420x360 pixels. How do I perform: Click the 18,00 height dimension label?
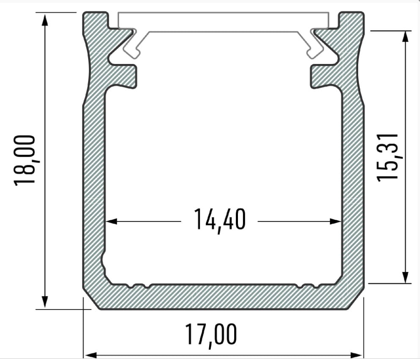pyautogui.click(x=24, y=160)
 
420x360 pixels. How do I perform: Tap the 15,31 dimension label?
pyautogui.click(x=387, y=158)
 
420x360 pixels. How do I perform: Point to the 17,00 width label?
pyautogui.click(x=211, y=335)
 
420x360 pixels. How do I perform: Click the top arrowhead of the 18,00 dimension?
pyautogui.click(x=45, y=20)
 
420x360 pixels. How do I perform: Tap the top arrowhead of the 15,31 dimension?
pyautogui.click(x=406, y=37)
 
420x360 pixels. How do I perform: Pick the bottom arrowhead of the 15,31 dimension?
pyautogui.click(x=406, y=277)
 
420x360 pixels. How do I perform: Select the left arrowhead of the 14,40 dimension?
pyautogui.click(x=111, y=221)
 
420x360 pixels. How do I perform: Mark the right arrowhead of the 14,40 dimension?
pyautogui.click(x=335, y=221)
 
